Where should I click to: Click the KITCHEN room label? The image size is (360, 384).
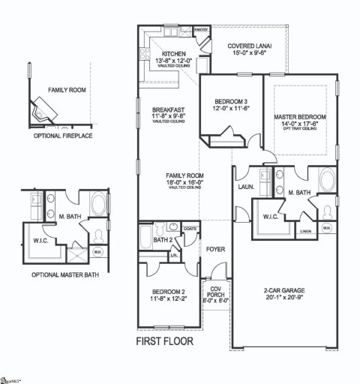tap(174, 54)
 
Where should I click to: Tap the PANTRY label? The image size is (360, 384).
tap(201, 31)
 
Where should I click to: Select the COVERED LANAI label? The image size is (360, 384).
tap(250, 46)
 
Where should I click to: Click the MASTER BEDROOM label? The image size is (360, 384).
tap(299, 118)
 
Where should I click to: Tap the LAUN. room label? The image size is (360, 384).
tap(245, 187)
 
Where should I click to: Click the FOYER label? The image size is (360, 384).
tap(216, 244)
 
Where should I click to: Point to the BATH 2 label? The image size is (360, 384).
tap(163, 240)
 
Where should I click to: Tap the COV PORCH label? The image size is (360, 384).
tap(215, 291)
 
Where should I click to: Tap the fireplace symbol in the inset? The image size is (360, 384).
tap(43, 111)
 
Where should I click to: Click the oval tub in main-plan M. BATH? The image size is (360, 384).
tap(328, 181)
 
